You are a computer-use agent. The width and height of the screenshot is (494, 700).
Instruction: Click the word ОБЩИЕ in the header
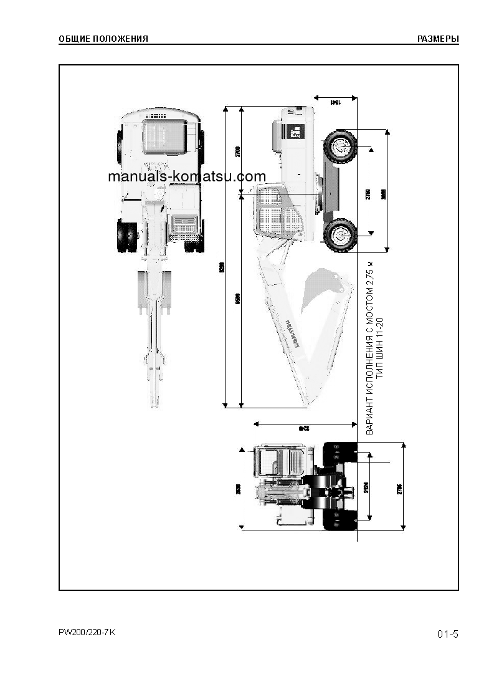pyautogui.click(x=72, y=39)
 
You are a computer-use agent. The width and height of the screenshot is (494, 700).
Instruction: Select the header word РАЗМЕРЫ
pyautogui.click(x=438, y=39)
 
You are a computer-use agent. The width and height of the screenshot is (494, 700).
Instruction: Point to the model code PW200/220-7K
pyautogui.click(x=87, y=633)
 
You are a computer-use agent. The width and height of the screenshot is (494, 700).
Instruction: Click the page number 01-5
pyautogui.click(x=447, y=635)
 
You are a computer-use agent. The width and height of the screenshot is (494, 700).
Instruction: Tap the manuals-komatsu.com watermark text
pyautogui.click(x=187, y=176)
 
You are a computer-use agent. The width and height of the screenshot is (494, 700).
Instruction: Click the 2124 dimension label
pyautogui.click(x=366, y=486)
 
